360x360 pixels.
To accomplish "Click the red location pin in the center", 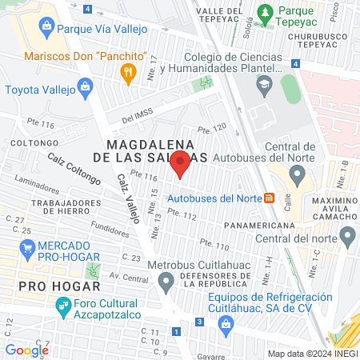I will pos(181,164).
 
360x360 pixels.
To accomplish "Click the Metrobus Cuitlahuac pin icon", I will pos(166,281).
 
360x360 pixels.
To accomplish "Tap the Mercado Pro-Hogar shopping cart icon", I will pos(28,248).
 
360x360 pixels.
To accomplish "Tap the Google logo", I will pos(26,350).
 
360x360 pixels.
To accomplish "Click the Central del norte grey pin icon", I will pos(347,237).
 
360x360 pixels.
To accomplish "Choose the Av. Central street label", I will pos(131,278).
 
